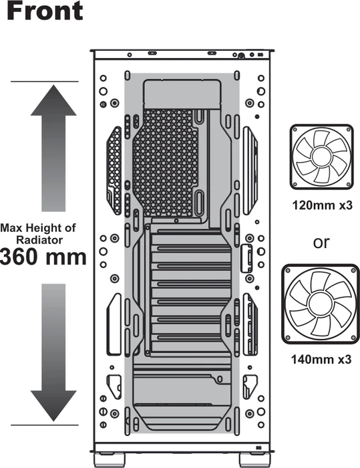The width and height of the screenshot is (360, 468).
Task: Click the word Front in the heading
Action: (45, 11)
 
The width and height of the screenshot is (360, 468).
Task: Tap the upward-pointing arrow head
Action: (53, 100)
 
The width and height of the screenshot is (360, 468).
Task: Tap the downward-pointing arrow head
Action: (53, 406)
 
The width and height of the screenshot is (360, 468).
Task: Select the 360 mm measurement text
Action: (43, 257)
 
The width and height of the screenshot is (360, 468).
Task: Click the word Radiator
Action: (39, 240)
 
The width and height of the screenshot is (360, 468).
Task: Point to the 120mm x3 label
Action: (322, 205)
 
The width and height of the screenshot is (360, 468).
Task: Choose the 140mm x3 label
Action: (321, 360)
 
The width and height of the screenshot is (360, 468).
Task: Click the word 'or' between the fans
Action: (321, 243)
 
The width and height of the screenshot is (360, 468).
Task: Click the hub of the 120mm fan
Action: (322, 156)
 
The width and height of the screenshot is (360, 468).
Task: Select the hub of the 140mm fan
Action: (321, 304)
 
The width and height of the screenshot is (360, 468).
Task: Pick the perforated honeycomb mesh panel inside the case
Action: (165, 162)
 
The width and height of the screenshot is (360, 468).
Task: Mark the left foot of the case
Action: (109, 460)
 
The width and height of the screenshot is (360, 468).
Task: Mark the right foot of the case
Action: (254, 460)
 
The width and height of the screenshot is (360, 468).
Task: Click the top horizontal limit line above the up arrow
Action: (45, 81)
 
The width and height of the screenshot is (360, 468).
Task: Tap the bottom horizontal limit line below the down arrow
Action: (45, 425)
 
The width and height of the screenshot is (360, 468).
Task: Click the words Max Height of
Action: (38, 228)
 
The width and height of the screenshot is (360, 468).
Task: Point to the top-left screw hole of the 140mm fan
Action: (288, 270)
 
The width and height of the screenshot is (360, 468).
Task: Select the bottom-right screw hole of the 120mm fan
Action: (348, 184)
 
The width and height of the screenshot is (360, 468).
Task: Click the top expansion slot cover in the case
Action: (191, 231)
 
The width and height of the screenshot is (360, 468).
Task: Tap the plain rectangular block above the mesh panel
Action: (182, 94)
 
